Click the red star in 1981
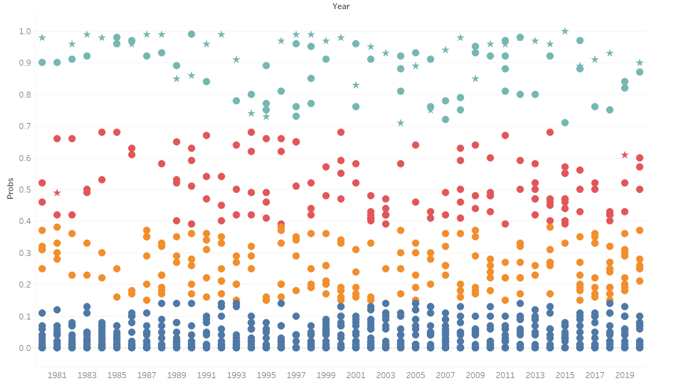pyautogui.click(x=57, y=193)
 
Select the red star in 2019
pyautogui.click(x=625, y=155)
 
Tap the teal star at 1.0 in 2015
pyautogui.click(x=565, y=31)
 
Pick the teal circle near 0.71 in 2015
pyautogui.click(x=565, y=123)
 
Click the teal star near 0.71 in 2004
pyautogui.click(x=401, y=123)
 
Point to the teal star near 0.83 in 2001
pyautogui.click(x=356, y=85)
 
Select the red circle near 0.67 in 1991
pyautogui.click(x=206, y=135)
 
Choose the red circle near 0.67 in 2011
pyautogui.click(x=505, y=135)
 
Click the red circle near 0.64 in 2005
pyautogui.click(x=416, y=145)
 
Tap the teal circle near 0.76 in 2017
pyautogui.click(x=595, y=107)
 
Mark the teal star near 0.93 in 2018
pyautogui.click(x=610, y=53)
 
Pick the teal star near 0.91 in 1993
pyautogui.click(x=236, y=59)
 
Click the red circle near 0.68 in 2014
pyautogui.click(x=550, y=132)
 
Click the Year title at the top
pyautogui.click(x=341, y=6)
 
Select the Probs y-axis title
pyautogui.click(x=10, y=189)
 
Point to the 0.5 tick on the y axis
pyautogui.click(x=25, y=189)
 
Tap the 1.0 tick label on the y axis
pyautogui.click(x=25, y=31)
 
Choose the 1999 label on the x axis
pyautogui.click(x=326, y=375)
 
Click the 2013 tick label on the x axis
pyautogui.click(x=535, y=375)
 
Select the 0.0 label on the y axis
pyautogui.click(x=25, y=348)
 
